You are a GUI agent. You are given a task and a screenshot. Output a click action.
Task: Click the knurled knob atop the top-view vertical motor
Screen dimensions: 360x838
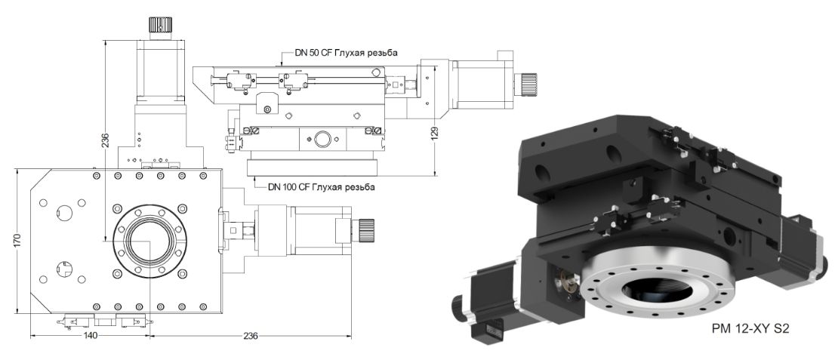click(x=161, y=26)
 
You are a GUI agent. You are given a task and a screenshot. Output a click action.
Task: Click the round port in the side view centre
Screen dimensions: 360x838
click(x=322, y=139)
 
